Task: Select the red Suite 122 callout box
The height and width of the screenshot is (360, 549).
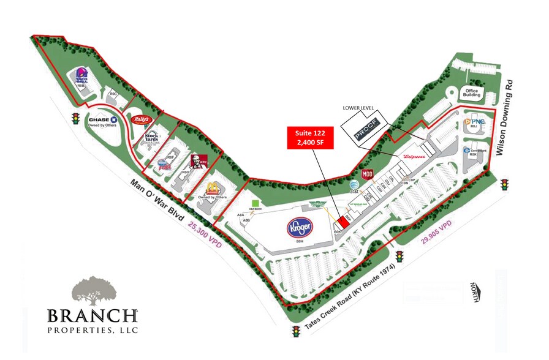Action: click(310, 138)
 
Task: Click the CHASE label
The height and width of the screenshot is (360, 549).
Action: click(102, 120)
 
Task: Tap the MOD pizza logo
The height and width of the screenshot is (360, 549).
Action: click(368, 174)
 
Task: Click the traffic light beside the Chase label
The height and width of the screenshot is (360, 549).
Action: click(76, 118)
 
